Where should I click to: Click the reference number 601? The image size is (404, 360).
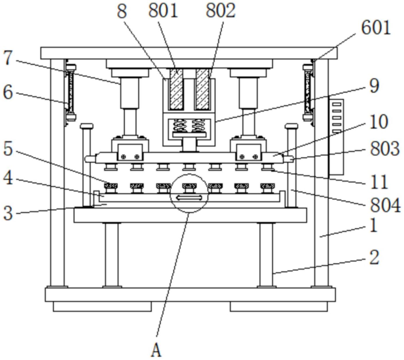(376, 28)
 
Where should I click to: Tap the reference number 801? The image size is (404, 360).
(163, 11)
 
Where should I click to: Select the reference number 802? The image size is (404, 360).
(221, 11)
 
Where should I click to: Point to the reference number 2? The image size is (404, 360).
(374, 257)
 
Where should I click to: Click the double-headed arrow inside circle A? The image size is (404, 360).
(189, 198)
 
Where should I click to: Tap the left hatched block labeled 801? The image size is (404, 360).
(176, 89)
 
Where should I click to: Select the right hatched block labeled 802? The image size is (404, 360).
(202, 89)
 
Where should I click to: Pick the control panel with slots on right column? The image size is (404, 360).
(336, 137)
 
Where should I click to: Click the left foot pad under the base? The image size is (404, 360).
(102, 306)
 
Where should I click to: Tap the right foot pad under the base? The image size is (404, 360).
(279, 306)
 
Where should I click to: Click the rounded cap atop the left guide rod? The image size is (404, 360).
(87, 126)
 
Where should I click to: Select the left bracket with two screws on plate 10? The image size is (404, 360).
(130, 152)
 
